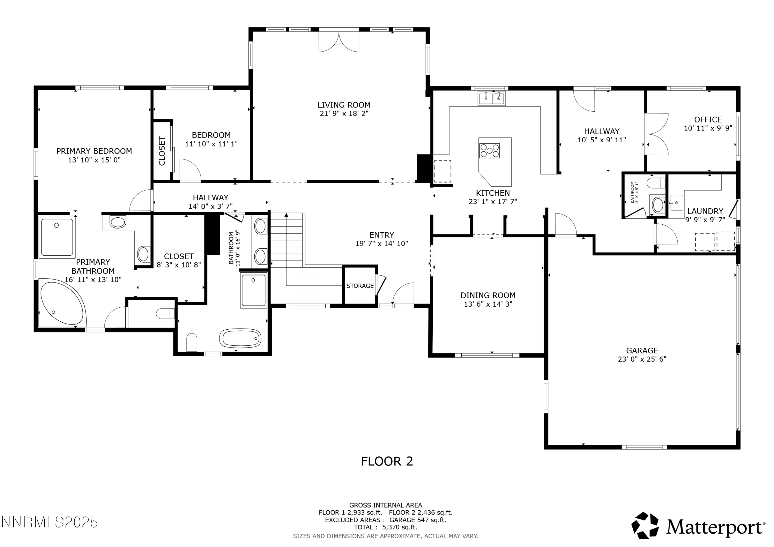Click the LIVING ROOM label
coord(344,105)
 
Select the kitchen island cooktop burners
coord(489,151)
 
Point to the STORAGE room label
coord(360,286)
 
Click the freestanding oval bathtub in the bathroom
coord(240,338)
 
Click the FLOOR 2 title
coord(387,461)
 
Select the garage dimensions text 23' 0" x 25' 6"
coord(642,359)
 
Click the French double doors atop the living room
coord(339,42)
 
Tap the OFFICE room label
coord(708,120)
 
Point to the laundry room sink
coord(676,202)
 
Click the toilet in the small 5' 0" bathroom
coord(656,183)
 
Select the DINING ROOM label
coord(488,295)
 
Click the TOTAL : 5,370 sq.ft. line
coord(385,527)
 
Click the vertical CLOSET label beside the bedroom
coord(162,151)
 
